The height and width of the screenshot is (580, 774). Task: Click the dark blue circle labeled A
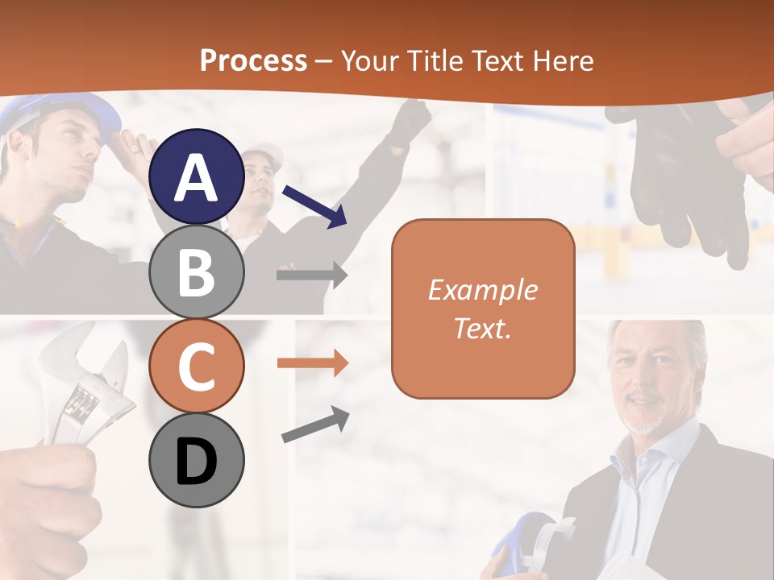196,177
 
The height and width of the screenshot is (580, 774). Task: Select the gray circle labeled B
196,272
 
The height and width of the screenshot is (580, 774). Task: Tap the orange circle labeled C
196,366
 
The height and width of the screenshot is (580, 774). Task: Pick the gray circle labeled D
196,461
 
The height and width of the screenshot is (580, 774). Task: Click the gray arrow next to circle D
315,425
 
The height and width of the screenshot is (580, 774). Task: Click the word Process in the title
253,61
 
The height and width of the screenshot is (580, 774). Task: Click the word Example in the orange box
482,290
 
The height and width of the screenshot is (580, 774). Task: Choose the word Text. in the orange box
482,328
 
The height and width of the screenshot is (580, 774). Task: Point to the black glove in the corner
685,177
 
